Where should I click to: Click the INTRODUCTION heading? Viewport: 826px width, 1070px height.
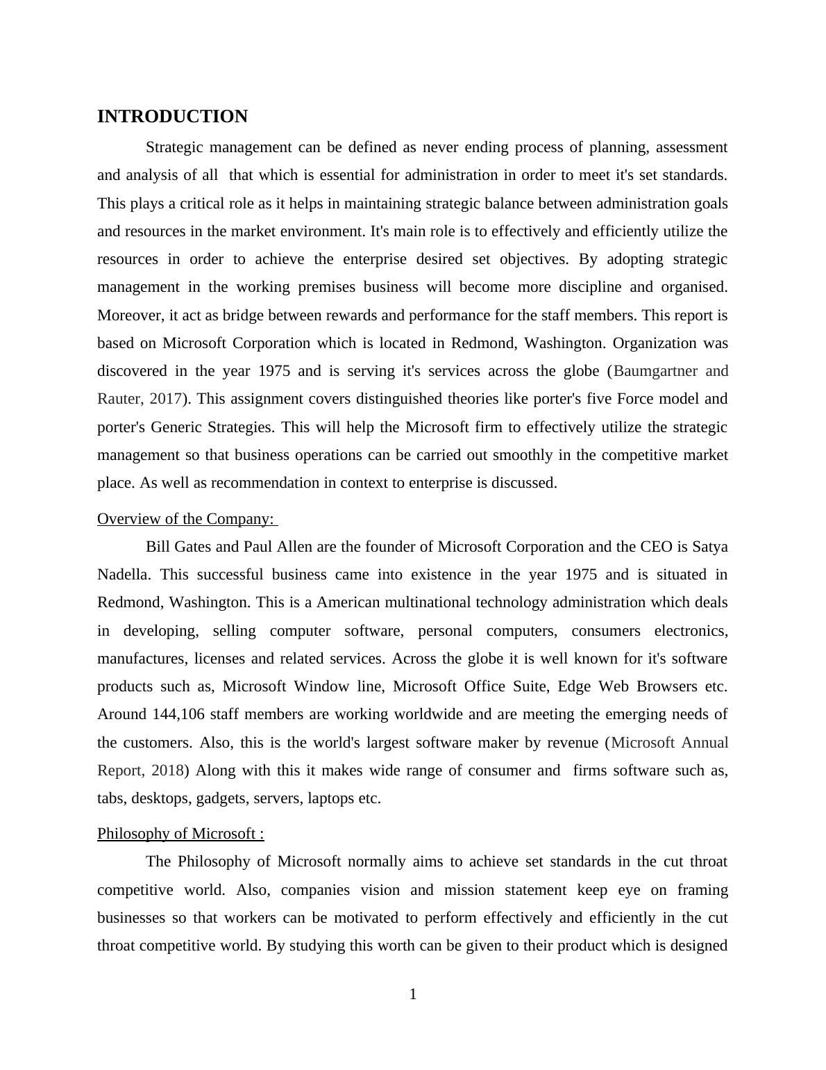(x=172, y=117)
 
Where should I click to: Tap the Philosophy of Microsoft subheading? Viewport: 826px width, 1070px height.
(x=180, y=834)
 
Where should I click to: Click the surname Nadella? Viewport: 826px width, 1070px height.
(x=123, y=575)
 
